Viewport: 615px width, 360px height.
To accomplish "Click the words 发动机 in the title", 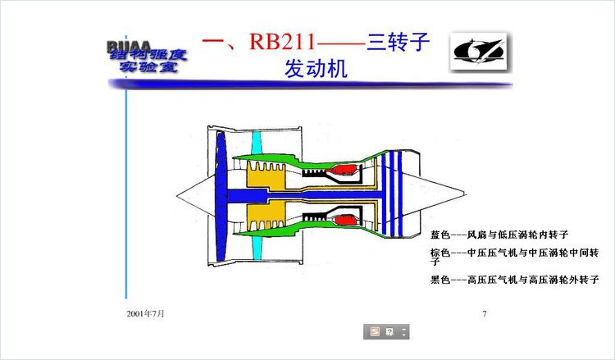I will pyautogui.click(x=315, y=69).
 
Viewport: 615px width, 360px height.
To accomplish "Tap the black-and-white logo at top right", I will pyautogui.click(x=479, y=52).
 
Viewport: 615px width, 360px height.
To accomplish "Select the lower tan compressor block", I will pyautogui.click(x=266, y=219).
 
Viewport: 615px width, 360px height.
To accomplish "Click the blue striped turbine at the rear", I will pyautogui.click(x=397, y=194).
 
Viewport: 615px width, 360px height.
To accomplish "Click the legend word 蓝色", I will pyautogui.click(x=440, y=235).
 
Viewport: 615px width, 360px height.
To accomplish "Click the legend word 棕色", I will pyautogui.click(x=440, y=253).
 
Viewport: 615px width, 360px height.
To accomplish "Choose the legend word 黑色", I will pyautogui.click(x=440, y=280).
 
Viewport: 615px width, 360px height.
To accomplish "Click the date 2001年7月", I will pyautogui.click(x=146, y=313).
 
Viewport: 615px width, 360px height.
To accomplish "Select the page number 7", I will pyautogui.click(x=485, y=313).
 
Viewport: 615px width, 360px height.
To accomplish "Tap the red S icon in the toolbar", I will pyautogui.click(x=375, y=331).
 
